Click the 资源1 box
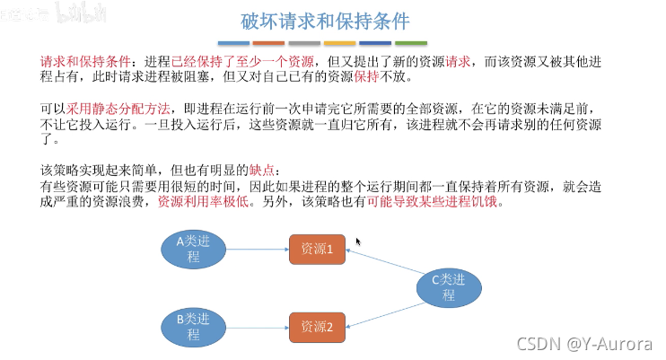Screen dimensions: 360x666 tap(317, 250)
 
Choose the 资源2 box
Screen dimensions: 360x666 tap(317, 326)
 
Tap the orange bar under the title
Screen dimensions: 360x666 tap(268, 42)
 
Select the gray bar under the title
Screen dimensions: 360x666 tap(304, 42)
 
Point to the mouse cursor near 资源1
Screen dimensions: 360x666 tap(358, 241)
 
